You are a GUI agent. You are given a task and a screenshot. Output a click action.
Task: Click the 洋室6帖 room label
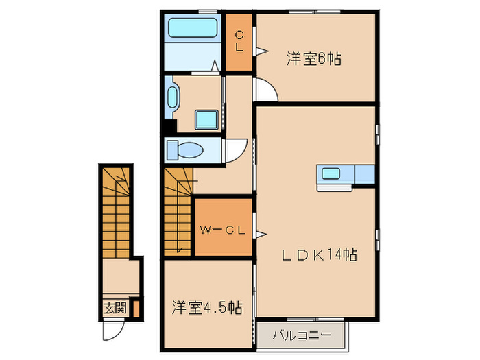coord(313,60)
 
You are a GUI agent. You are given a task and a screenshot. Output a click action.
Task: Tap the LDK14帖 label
coord(320,254)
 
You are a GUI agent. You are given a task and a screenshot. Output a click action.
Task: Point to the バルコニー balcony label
coord(302,335)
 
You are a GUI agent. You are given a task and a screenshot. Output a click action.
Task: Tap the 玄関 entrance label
coord(115,308)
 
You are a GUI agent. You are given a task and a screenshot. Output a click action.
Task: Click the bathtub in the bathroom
coord(193,29)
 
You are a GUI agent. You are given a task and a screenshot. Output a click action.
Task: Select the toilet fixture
coord(184,149)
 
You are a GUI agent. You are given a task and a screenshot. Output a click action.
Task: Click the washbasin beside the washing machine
coord(172,98)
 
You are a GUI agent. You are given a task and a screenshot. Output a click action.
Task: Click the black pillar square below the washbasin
coord(169,127)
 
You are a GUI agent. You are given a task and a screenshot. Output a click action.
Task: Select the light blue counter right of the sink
coord(364,174)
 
